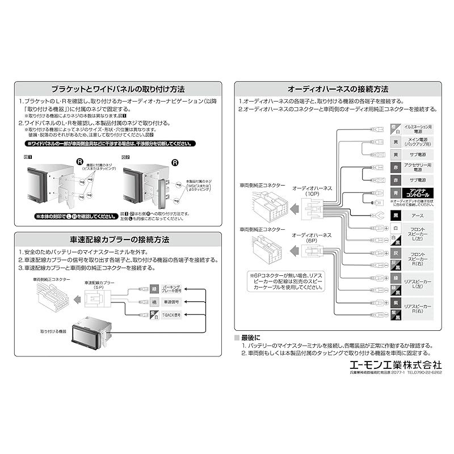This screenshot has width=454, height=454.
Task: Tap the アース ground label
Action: click(418, 216)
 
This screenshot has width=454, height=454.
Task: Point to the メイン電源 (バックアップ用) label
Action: click(418, 141)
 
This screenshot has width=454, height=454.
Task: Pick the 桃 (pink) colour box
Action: click(154, 301)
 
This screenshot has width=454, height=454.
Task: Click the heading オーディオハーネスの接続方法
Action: click(338, 89)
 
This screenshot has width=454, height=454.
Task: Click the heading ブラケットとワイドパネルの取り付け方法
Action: click(117, 89)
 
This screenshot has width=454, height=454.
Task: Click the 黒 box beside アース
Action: click(396, 216)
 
